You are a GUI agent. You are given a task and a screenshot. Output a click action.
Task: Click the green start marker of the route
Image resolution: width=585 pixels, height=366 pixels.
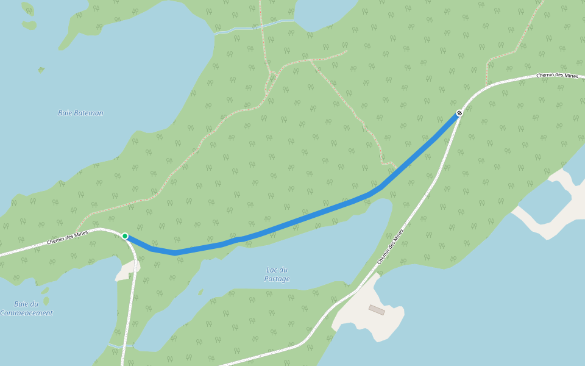click(x=125, y=236)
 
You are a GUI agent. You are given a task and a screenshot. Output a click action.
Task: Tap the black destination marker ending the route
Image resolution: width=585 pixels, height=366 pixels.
click(x=459, y=113)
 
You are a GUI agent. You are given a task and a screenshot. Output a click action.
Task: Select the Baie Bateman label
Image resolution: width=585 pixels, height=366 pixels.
click(x=80, y=113)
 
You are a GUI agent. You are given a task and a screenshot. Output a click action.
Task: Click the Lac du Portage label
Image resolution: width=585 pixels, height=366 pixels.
click(x=277, y=274)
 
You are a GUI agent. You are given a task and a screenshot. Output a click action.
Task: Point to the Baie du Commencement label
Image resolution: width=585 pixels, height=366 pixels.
click(x=26, y=308)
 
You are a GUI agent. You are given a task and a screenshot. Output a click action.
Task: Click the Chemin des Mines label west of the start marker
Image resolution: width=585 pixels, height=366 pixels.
click(x=67, y=238)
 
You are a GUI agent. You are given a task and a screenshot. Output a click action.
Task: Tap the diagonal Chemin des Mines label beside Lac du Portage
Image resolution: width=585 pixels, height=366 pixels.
click(x=391, y=246)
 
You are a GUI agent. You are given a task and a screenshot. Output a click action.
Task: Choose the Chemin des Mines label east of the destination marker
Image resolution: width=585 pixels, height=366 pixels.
click(x=557, y=76)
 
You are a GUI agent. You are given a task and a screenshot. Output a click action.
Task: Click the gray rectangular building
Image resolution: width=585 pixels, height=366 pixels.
click(x=377, y=310)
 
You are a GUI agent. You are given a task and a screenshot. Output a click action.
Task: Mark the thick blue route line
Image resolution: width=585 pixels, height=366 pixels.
click(x=305, y=218)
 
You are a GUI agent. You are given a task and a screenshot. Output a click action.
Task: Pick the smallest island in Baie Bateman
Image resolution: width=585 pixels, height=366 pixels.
click(x=41, y=70)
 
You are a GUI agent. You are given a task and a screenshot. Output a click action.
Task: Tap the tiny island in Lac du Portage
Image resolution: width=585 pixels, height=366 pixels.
click(x=200, y=292)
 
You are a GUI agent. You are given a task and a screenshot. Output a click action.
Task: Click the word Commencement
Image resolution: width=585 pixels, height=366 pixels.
click(x=26, y=313)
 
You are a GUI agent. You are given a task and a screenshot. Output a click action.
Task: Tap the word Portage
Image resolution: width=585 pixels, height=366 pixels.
click(x=277, y=279)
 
